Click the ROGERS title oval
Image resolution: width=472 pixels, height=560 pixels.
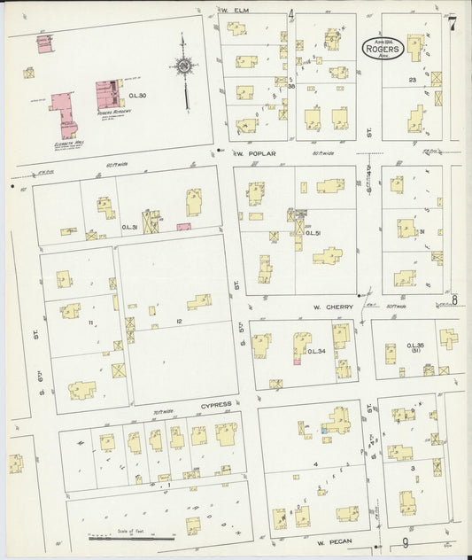click(383, 50)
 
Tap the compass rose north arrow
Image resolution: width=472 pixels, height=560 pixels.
click(183, 64)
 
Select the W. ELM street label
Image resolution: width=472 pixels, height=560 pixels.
click(235, 11)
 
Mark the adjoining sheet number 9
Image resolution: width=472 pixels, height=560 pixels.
click(406, 542)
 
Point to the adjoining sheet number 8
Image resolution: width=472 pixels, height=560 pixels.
click(454, 299)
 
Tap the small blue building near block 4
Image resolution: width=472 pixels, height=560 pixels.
click(325, 430)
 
